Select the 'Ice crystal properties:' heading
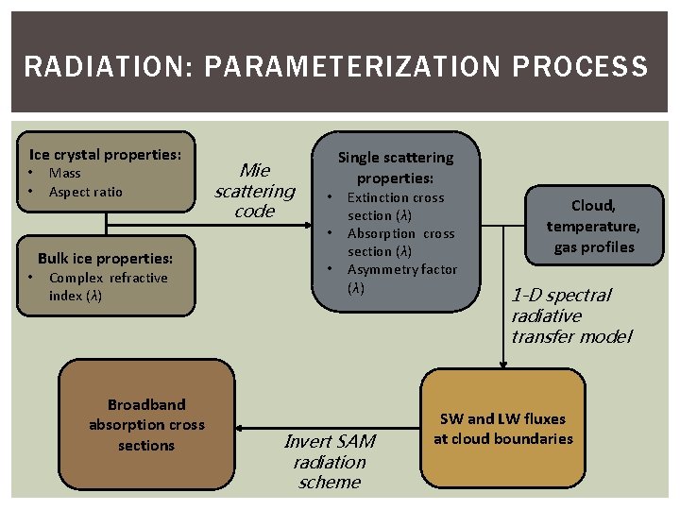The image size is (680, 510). pyautogui.click(x=105, y=154)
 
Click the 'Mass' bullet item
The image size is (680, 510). pyautogui.click(x=64, y=173)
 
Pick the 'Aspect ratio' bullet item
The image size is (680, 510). pyautogui.click(x=85, y=192)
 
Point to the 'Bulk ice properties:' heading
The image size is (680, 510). pyautogui.click(x=105, y=258)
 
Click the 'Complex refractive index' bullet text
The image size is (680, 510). pyautogui.click(x=107, y=286)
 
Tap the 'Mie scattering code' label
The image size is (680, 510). pyautogui.click(x=254, y=190)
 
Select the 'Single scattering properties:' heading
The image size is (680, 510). pyautogui.click(x=396, y=167)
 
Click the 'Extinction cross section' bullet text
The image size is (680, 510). pyautogui.click(x=395, y=206)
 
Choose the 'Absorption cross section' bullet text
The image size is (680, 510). pyautogui.click(x=400, y=242)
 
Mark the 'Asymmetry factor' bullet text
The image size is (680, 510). pyautogui.click(x=401, y=278)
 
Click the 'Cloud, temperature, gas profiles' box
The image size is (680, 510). pyautogui.click(x=593, y=226)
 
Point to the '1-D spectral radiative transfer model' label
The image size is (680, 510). pyautogui.click(x=569, y=315)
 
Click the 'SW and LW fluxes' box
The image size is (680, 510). pyautogui.click(x=502, y=428)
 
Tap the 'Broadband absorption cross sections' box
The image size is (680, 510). pyautogui.click(x=146, y=424)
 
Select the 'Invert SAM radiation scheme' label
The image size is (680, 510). pyautogui.click(x=329, y=461)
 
